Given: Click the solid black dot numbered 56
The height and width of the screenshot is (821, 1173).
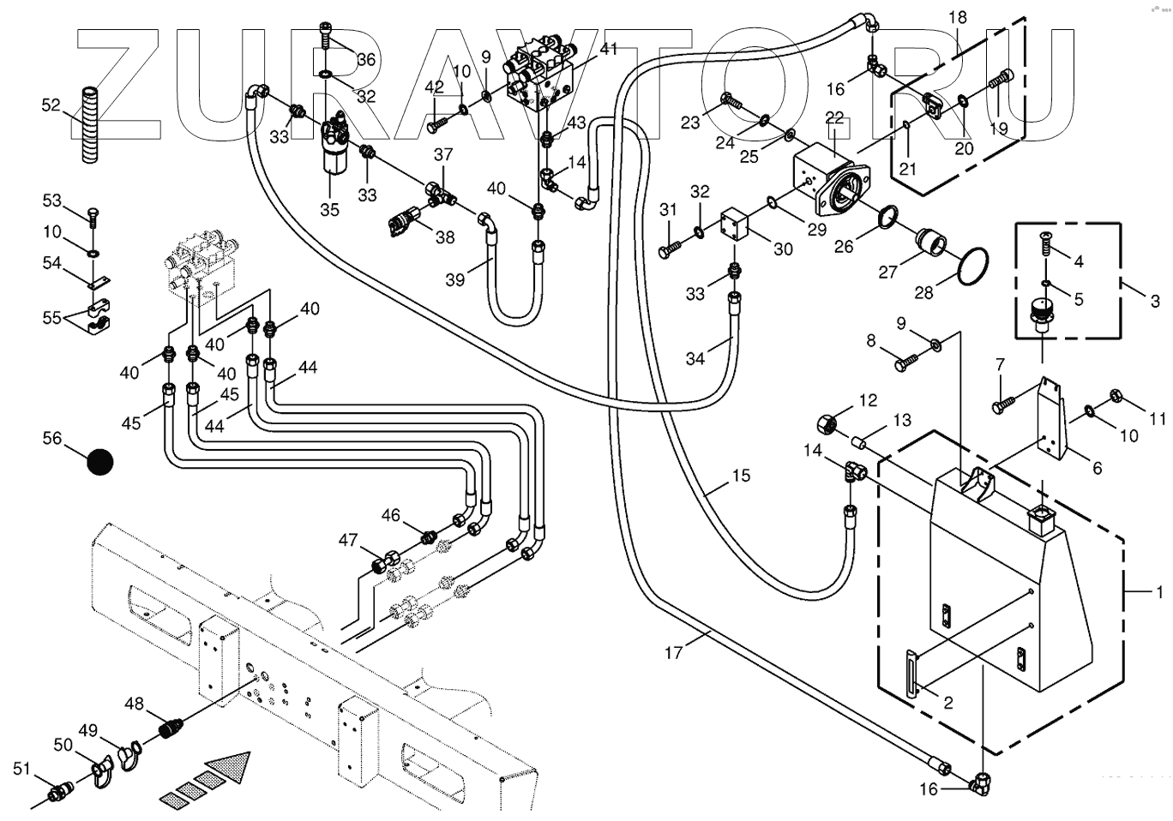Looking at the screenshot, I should point(99,462).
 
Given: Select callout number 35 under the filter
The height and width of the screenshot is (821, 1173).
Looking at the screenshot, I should point(329,209).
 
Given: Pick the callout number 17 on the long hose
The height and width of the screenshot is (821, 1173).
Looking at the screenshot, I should point(674,653).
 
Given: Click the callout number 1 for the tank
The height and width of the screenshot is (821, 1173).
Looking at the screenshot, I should point(1158,592).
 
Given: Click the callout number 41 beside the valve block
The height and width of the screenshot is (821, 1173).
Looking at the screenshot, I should point(608,49).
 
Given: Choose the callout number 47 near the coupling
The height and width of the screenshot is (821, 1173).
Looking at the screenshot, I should point(347,540).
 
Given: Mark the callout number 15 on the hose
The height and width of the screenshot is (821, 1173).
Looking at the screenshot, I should point(740,476).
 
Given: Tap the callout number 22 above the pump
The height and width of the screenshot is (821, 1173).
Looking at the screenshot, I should point(834,117).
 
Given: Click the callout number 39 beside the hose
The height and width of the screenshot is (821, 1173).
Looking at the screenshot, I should point(454,279).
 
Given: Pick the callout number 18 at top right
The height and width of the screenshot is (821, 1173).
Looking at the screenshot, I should point(957,16).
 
